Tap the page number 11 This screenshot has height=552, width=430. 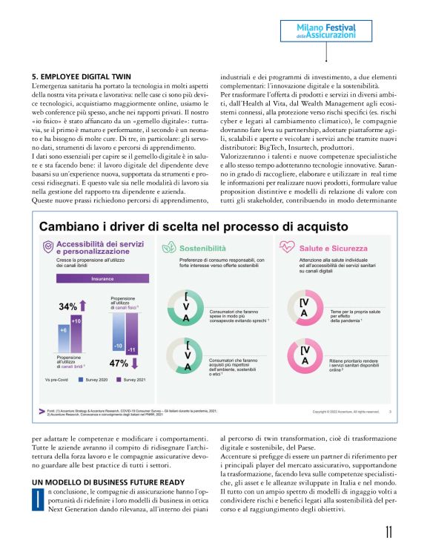click(x=389, y=533)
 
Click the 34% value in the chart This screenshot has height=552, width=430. click(x=68, y=306)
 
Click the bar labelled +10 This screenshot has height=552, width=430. click(x=76, y=320)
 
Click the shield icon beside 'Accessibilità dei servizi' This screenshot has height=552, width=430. click(x=47, y=248)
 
